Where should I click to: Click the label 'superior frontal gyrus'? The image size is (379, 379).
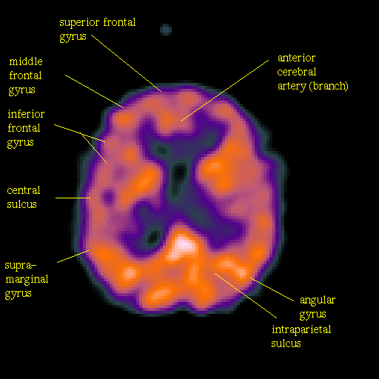pos(98,30)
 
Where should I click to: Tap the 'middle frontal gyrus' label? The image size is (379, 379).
pos(26,76)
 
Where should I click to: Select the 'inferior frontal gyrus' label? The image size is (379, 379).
pos(26,129)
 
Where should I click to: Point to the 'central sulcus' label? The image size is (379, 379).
pos(24,197)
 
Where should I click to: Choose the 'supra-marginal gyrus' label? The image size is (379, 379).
pos(27,280)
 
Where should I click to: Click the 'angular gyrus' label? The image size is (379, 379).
pos(318,307)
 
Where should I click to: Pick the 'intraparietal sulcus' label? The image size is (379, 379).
pos(301,336)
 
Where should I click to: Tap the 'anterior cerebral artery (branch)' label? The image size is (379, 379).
pos(312,72)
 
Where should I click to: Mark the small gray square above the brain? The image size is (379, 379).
pos(166,30)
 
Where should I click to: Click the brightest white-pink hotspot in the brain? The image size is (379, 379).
pos(184,245)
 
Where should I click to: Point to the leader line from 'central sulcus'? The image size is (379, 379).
pos(73,198)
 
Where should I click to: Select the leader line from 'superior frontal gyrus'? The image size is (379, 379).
pos(127,64)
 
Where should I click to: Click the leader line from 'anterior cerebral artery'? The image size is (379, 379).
pos(224,90)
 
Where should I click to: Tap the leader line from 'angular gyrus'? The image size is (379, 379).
pos(272,289)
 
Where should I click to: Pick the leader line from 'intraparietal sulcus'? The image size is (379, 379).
pos(246,295)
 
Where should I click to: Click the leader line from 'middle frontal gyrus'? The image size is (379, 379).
pos(95,92)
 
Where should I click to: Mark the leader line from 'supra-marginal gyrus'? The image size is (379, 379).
pos(73,256)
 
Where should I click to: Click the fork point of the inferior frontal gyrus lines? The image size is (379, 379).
pos(81,134)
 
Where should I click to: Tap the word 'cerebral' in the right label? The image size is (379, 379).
pos(297,72)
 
